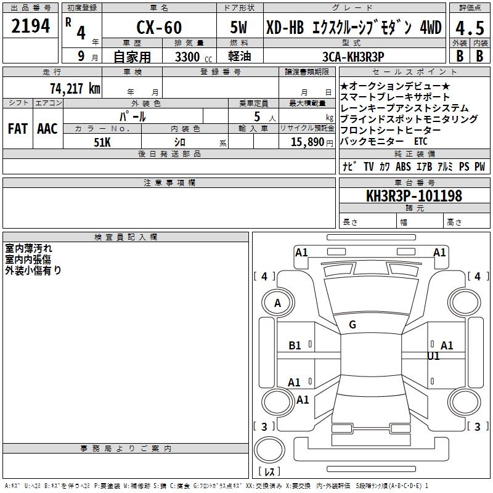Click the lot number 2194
tap(31, 26)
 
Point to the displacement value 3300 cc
tap(189, 57)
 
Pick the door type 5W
tap(239, 28)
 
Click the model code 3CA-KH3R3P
tap(354, 57)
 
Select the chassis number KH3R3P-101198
tap(414, 197)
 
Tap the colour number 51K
tap(102, 142)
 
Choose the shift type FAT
tap(17, 129)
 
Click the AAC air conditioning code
tap(47, 129)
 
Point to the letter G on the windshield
tap(352, 325)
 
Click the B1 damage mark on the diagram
tap(295, 346)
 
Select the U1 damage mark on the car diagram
tap(433, 356)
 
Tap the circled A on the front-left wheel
tap(278, 303)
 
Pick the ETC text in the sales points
tap(420, 141)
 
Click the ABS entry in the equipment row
tap(403, 166)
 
